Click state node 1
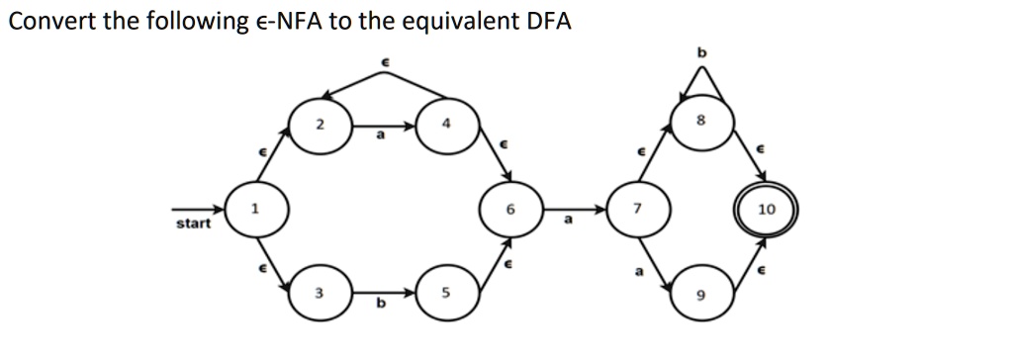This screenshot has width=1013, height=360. click(255, 211)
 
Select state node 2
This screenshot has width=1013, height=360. click(319, 127)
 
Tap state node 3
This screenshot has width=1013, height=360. click(319, 294)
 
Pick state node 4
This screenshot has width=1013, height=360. click(446, 127)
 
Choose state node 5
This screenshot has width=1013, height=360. click(446, 294)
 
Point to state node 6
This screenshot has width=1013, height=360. click(510, 211)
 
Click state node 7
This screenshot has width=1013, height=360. click(639, 211)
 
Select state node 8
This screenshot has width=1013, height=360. click(702, 121)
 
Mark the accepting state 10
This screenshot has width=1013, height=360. click(767, 211)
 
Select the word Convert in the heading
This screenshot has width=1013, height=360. click(49, 21)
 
